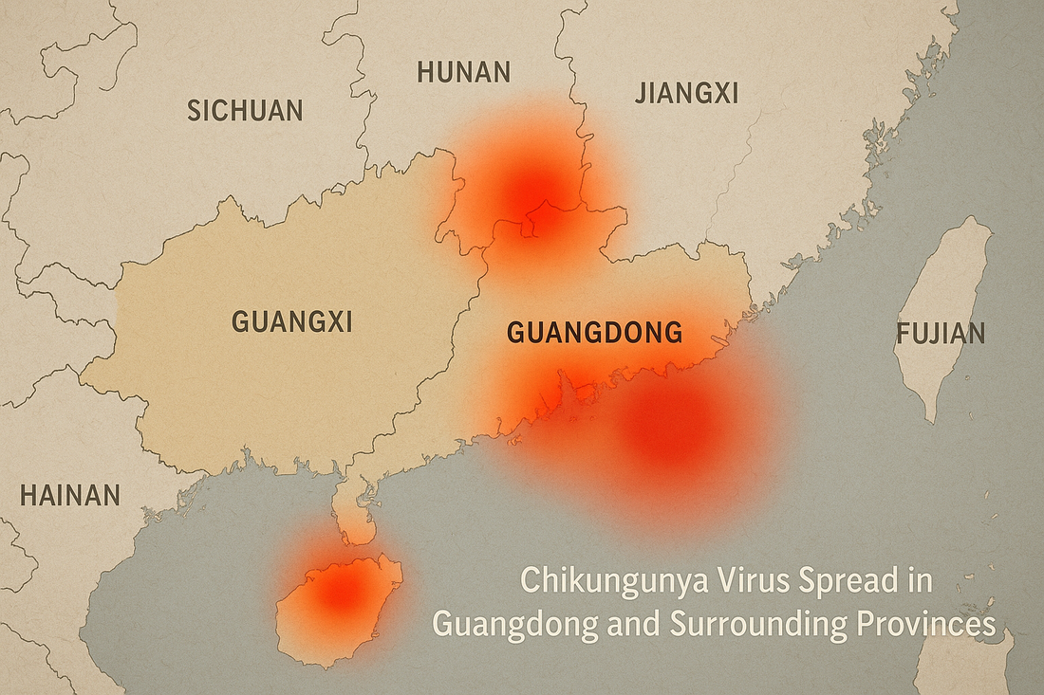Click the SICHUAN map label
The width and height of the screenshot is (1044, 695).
coord(245,110)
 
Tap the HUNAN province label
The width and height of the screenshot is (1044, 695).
coord(463,72)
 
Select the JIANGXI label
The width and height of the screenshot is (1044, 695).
coord(686,92)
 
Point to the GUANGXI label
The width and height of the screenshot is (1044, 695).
coord(291,321)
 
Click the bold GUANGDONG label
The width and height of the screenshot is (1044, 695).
coord(594,333)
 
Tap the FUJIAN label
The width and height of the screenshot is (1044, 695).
coord(940,334)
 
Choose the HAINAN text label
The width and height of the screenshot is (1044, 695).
coord(69,495)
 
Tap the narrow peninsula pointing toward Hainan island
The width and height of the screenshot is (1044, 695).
coord(356,512)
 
